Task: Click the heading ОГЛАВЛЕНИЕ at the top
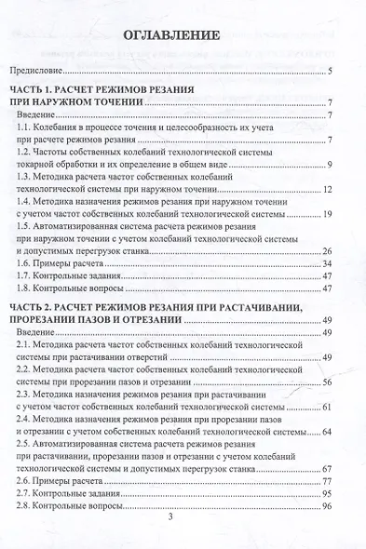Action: (183, 37)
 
